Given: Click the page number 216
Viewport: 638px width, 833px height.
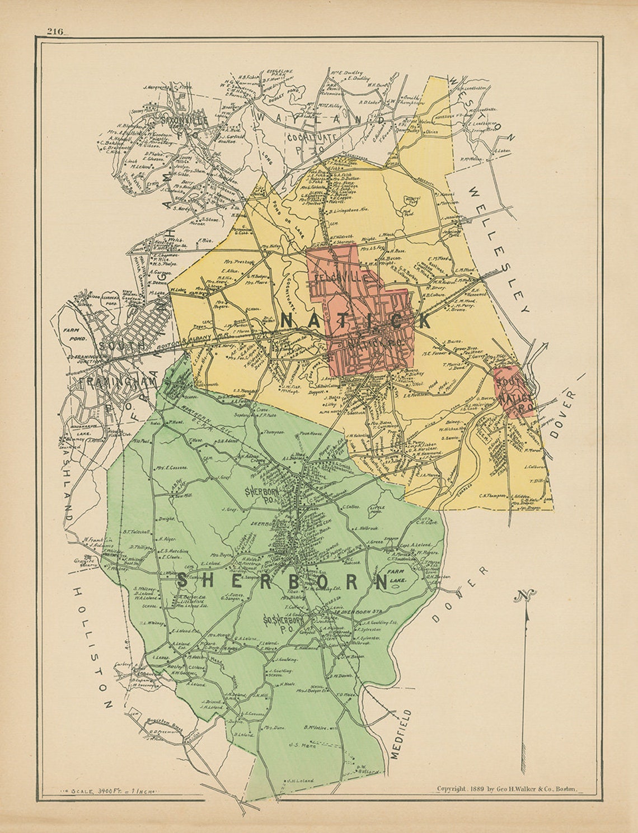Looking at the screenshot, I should point(55,31).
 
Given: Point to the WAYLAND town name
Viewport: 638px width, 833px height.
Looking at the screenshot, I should point(321,118).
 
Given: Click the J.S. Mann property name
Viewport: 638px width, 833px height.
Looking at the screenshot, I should point(303,745).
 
